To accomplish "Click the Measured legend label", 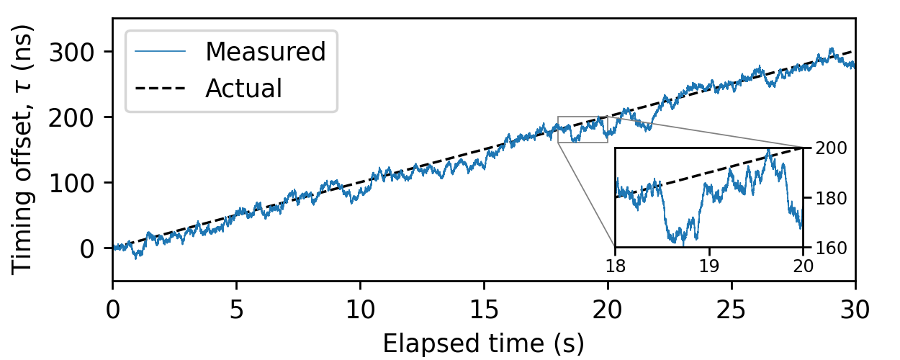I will pos(266,52).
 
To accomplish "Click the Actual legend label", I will pos(243,89).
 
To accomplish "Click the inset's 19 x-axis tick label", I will pos(709,264).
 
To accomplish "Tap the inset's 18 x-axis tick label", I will pos(615,264).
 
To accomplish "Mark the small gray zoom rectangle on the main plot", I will pos(582,130).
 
